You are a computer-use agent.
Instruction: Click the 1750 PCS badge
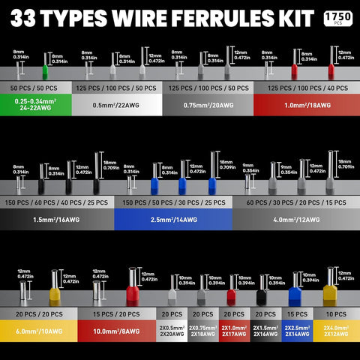pyautogui.click(x=338, y=16)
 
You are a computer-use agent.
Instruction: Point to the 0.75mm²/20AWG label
pyautogui.click(x=208, y=106)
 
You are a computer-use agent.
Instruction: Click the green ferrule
pyautogui.click(x=45, y=73)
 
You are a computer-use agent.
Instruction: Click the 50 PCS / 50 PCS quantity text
pyautogui.click(x=35, y=88)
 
